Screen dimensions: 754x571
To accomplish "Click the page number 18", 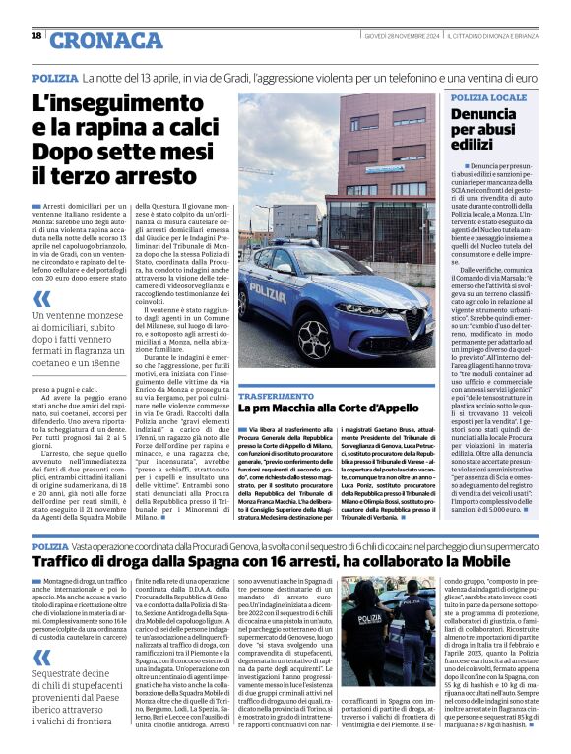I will click(x=36, y=36).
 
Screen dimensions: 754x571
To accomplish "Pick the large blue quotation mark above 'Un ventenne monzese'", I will click(x=42, y=299).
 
